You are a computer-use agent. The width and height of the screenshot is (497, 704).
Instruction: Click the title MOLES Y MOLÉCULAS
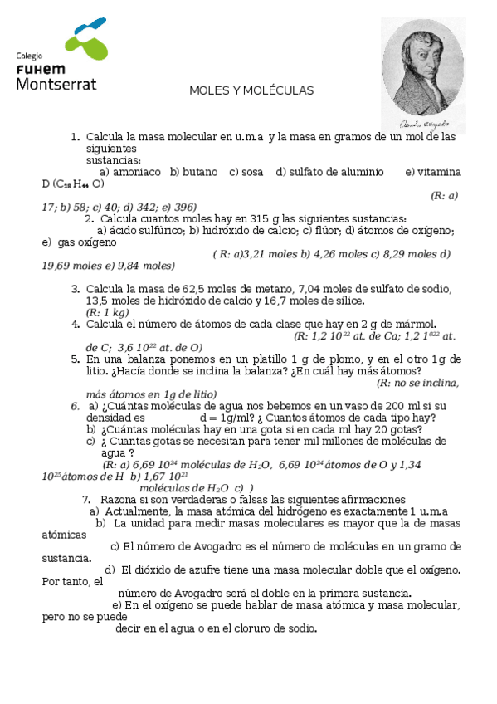[251, 90]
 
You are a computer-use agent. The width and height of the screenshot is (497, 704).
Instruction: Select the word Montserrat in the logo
[56, 84]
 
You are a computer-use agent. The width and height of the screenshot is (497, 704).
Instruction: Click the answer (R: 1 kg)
[107, 312]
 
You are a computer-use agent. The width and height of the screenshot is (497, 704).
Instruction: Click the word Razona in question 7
[119, 500]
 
